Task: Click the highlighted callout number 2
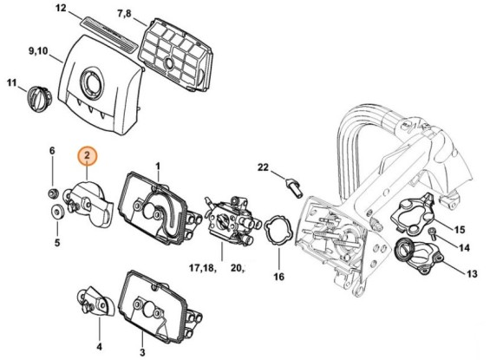point(88,158)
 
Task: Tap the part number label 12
point(61,9)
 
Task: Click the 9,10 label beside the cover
point(37,52)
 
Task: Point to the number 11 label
point(12,83)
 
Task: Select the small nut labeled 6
point(52,190)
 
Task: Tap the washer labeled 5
point(55,208)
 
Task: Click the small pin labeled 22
point(292,183)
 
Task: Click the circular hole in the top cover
point(89,85)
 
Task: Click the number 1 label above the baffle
point(158,165)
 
